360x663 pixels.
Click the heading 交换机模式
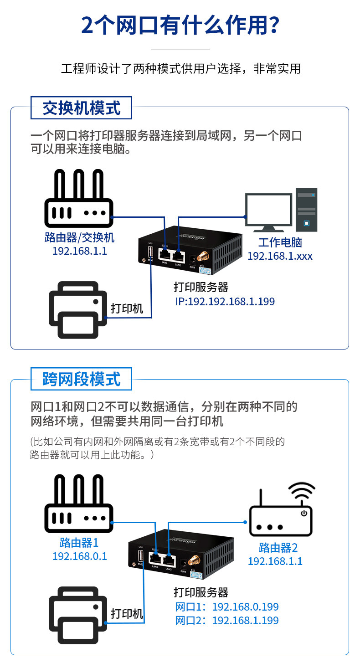click(x=81, y=108)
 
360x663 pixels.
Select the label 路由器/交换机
click(x=80, y=237)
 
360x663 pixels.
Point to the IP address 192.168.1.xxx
click(x=280, y=256)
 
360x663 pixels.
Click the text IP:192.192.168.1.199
click(x=225, y=302)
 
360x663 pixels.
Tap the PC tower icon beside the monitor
click(x=306, y=210)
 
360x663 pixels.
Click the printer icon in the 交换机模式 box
click(x=78, y=310)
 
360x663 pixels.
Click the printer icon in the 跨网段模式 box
click(x=78, y=615)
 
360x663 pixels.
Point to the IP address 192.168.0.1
click(x=80, y=556)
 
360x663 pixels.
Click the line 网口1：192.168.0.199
click(x=227, y=607)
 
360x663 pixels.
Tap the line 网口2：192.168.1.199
click(x=227, y=621)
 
